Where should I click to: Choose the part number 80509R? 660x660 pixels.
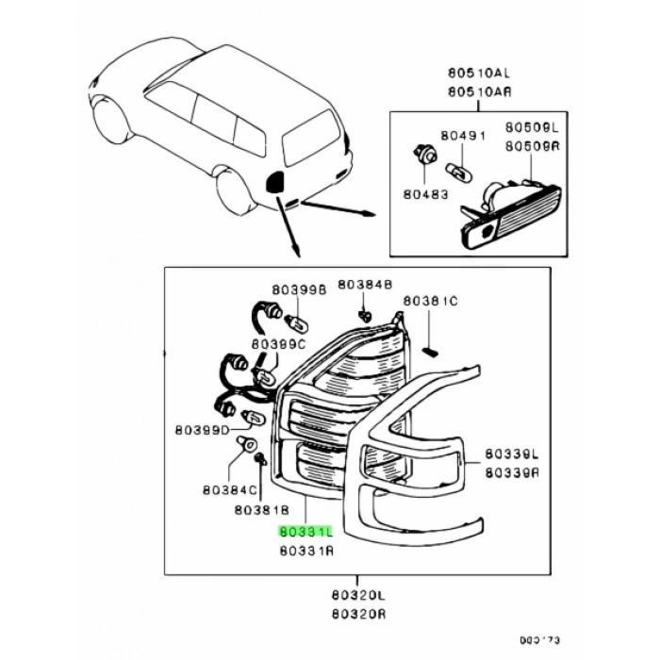click(x=531, y=146)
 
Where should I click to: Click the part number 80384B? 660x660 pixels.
click(x=365, y=284)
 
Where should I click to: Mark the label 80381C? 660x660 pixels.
click(x=430, y=301)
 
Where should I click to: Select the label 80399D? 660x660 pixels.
click(x=201, y=431)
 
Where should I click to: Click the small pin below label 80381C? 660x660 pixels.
click(x=430, y=351)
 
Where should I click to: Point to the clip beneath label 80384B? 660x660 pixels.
click(x=365, y=312)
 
